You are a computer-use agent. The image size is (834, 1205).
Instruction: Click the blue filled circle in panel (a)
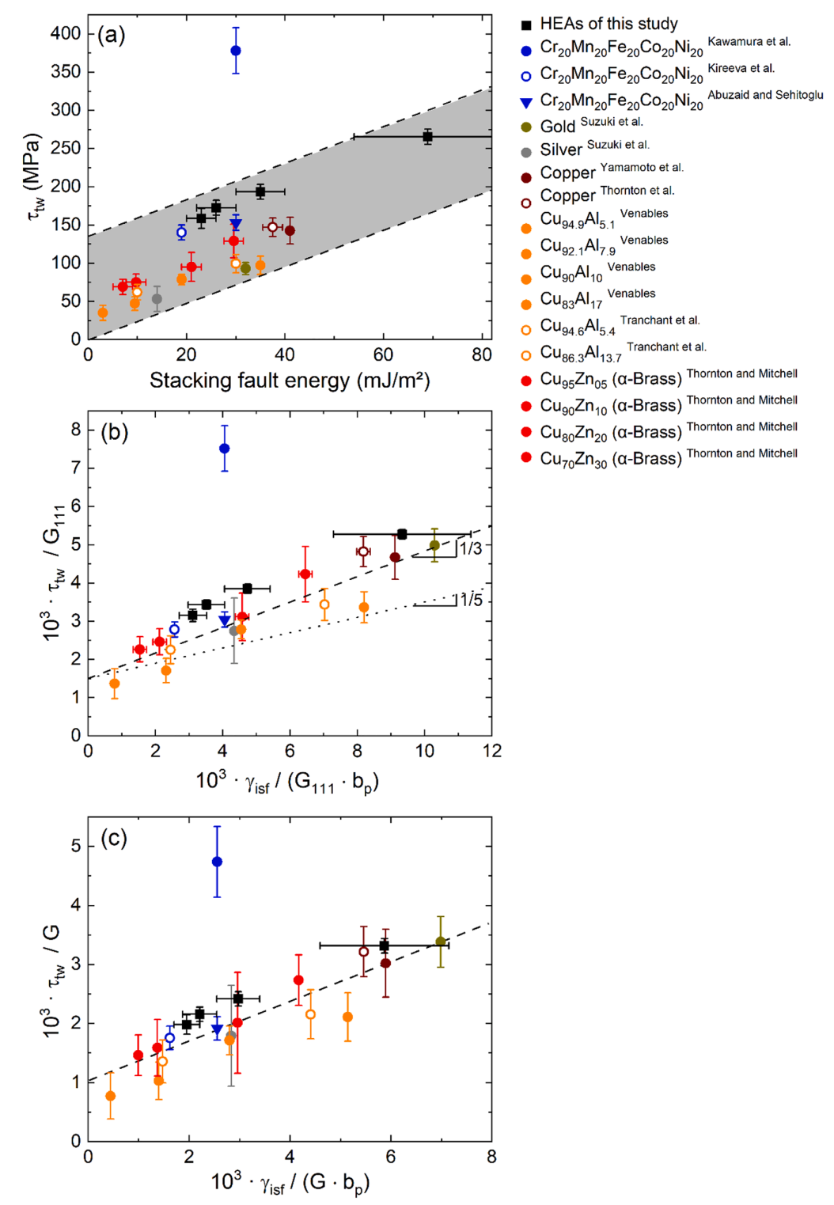[235, 51]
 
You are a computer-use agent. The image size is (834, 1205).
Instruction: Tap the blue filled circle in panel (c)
[217, 862]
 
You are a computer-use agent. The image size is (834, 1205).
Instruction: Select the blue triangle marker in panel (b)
[225, 621]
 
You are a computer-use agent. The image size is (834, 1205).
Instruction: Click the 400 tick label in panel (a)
[66, 33]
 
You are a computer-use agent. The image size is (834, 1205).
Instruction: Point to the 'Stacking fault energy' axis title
[290, 381]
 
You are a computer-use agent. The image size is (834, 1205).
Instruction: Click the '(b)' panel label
[115, 433]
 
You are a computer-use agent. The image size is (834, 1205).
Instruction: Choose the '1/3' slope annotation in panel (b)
[471, 548]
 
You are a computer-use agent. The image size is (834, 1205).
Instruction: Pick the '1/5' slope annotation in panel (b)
[472, 601]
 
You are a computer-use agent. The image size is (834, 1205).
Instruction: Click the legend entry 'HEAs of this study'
[608, 24]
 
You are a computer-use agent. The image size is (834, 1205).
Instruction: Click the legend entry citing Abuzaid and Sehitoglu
[680, 99]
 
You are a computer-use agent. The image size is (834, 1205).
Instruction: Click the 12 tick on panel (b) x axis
[492, 751]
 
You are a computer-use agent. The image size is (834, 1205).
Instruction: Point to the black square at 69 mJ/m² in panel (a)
[427, 137]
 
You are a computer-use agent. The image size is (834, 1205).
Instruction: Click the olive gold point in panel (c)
[441, 942]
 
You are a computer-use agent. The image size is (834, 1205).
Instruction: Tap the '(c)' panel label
[114, 839]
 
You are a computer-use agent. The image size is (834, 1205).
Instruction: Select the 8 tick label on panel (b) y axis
[76, 430]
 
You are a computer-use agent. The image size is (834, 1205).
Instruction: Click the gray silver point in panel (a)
[157, 299]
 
